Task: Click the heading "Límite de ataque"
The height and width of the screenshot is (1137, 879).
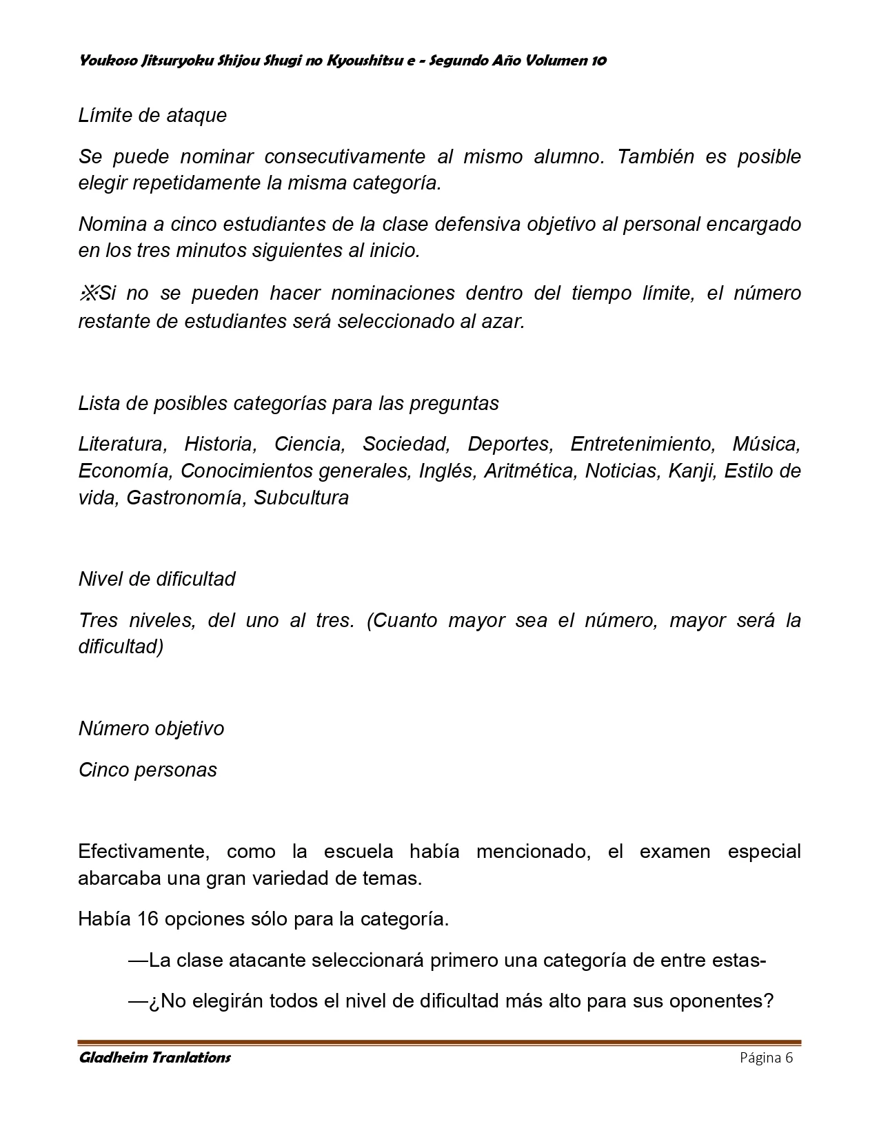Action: tap(152, 115)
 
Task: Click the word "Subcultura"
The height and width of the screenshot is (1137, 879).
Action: tap(301, 498)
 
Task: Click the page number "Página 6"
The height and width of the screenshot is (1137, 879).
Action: tap(766, 1058)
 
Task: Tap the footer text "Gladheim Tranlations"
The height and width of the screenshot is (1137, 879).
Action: tap(154, 1058)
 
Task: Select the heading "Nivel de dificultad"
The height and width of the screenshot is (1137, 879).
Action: tap(156, 579)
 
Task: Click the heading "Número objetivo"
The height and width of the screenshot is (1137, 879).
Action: tap(151, 729)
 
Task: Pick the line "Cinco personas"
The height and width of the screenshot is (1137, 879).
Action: tap(148, 770)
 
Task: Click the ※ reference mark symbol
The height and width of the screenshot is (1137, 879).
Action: tap(88, 294)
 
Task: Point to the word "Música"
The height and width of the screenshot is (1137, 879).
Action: tap(766, 444)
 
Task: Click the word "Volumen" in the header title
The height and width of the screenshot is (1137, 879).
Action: tap(557, 61)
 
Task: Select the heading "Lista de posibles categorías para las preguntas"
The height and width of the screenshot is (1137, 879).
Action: tap(288, 404)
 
